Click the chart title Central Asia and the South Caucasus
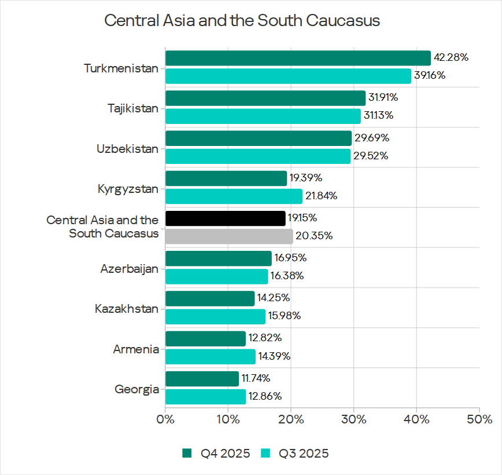click(x=242, y=21)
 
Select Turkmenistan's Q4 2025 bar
click(x=298, y=58)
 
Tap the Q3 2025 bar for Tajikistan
click(x=263, y=116)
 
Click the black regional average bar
click(x=226, y=218)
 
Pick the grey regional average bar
click(x=229, y=236)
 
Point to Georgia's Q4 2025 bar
click(x=202, y=379)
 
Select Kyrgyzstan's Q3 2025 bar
click(x=234, y=196)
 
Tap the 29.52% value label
click(x=371, y=156)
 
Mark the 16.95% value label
click(x=290, y=258)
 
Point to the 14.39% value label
click(x=274, y=356)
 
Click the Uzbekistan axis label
click(x=127, y=149)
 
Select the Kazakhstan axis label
click(x=126, y=309)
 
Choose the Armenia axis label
click(x=136, y=349)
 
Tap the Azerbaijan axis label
click(x=129, y=269)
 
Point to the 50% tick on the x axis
click(x=479, y=419)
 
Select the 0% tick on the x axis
click(x=165, y=419)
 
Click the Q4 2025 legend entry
click(x=216, y=454)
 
